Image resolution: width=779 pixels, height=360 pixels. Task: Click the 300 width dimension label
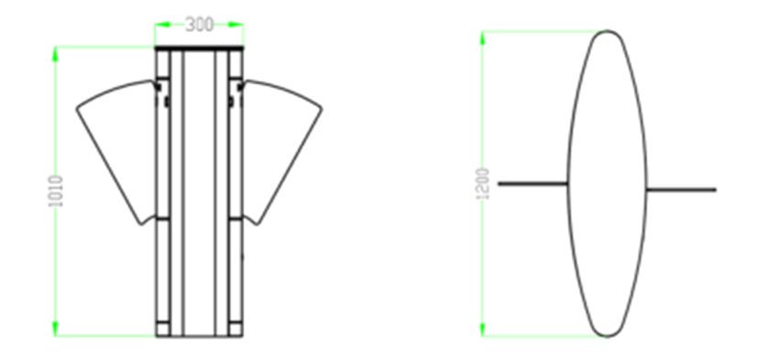pos(200,25)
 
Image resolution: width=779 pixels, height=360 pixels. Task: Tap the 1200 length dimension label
pos(483,184)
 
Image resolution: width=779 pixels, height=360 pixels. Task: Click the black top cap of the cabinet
pos(200,47)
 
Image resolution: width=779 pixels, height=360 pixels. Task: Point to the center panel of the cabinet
pos(200,192)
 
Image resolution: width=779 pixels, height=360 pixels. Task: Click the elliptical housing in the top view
pos(607,183)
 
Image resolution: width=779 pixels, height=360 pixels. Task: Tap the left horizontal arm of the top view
pos(532,183)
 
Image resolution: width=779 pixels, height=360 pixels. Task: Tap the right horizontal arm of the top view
pos(681,190)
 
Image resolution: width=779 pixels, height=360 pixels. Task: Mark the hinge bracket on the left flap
pos(164,93)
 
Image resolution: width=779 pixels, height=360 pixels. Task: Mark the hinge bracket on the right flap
pos(236,93)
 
